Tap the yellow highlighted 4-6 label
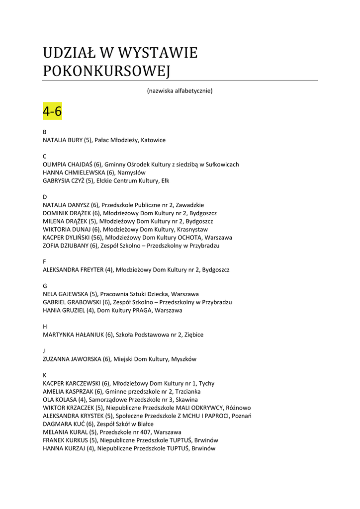tap(52, 111)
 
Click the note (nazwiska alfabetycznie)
tap(180, 91)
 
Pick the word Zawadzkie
tap(190, 205)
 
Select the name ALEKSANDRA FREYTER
tap(73, 270)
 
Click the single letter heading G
tap(45, 286)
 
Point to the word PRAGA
tap(142, 310)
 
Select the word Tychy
tap(206, 383)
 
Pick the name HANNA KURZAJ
tap(64, 448)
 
